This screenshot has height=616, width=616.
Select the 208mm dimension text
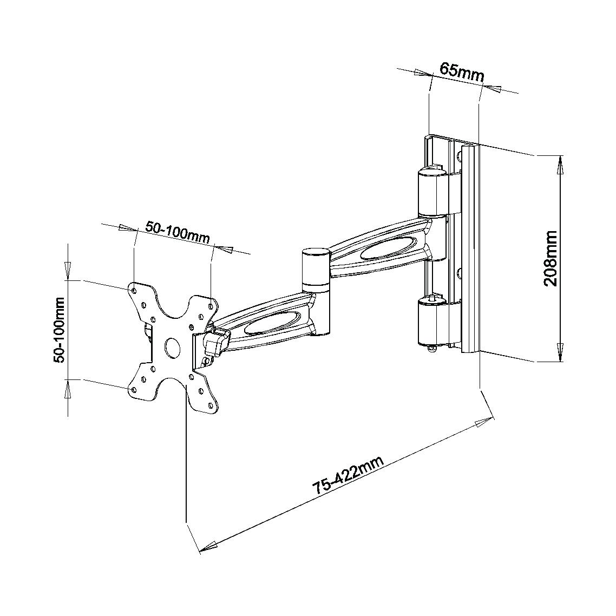(x=550, y=259)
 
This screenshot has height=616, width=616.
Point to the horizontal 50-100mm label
(x=178, y=233)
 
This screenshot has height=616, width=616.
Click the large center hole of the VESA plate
(x=173, y=347)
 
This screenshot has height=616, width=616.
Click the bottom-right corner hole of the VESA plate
(x=211, y=404)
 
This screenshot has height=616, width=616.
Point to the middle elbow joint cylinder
(x=316, y=271)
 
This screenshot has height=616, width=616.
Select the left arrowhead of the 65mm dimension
(x=423, y=74)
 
